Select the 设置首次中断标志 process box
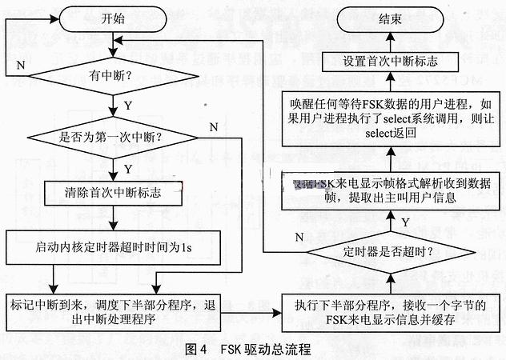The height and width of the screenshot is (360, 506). tap(390, 60)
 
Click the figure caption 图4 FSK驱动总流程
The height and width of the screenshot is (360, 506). tap(244, 349)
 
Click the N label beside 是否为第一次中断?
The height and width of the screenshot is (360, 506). tap(213, 126)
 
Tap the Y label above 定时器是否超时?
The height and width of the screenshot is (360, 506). tap(404, 221)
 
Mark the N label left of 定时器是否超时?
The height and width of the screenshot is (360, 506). tap(299, 237)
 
